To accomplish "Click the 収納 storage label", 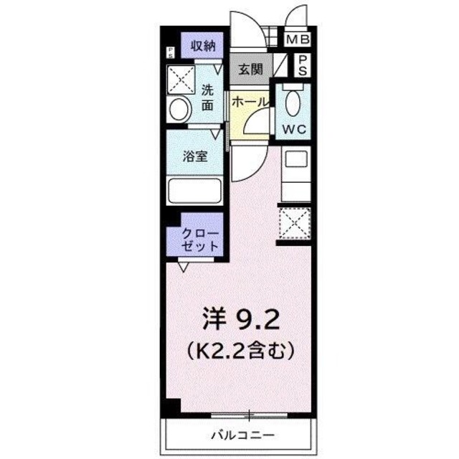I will tap(203, 46).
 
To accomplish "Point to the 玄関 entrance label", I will tap(250, 70).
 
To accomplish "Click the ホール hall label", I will tap(250, 102).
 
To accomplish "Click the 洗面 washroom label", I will tap(207, 98).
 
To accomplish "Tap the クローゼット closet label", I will tap(202, 238).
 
